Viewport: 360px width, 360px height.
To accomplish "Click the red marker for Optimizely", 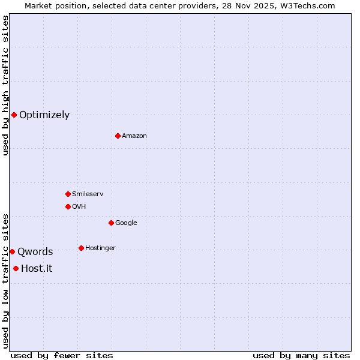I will (x=14, y=115).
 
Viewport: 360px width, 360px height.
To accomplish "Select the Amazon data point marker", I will (x=118, y=136).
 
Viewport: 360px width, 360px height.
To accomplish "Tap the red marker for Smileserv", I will (x=68, y=194).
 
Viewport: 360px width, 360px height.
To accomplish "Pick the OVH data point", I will (x=68, y=206).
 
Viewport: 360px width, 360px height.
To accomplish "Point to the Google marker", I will (x=111, y=223).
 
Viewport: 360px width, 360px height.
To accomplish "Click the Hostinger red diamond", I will (x=81, y=248).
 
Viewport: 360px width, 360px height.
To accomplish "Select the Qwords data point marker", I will (x=12, y=251).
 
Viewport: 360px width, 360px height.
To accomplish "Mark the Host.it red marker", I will (x=16, y=268).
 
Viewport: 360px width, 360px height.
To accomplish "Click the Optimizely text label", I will (x=44, y=115).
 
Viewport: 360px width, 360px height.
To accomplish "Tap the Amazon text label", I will (x=134, y=136).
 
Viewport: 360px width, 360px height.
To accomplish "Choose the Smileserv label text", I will (x=88, y=194).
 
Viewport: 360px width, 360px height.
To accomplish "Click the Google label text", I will (x=126, y=223).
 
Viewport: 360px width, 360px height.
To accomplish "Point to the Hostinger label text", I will (x=100, y=248).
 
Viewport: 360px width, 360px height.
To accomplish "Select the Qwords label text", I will (x=35, y=252).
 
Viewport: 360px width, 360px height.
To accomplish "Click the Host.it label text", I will (x=37, y=269).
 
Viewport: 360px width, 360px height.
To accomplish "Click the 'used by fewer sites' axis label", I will (x=62, y=355).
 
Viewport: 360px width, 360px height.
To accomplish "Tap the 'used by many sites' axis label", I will (x=301, y=355).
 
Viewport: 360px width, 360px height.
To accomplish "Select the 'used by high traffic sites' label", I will (x=5, y=85).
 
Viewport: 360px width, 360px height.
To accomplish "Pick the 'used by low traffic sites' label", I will (x=5, y=281).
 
